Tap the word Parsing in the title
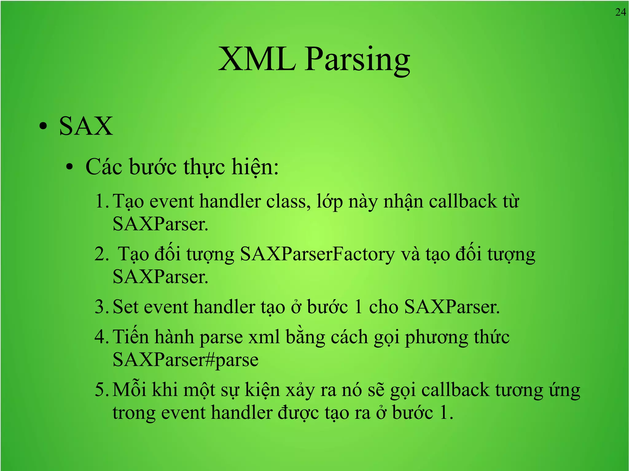coord(357,60)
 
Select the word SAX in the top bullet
coord(86,126)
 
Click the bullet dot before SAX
coord(43,126)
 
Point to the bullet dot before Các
coord(70,167)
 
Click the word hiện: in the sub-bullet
coord(255,167)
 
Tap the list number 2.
coord(101,254)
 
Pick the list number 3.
coord(101,307)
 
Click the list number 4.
coord(101,337)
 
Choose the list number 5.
coord(101,390)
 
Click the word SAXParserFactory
coord(317,254)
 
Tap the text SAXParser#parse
coord(186,360)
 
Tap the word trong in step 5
coord(134,413)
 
